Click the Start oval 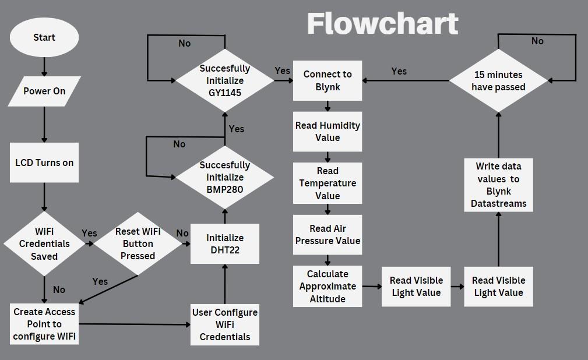pyautogui.click(x=44, y=37)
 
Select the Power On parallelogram pyautogui.click(x=44, y=91)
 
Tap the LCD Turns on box pyautogui.click(x=44, y=163)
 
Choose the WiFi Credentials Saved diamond pyautogui.click(x=44, y=243)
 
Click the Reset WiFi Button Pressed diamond pyautogui.click(x=138, y=243)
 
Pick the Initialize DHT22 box pyautogui.click(x=225, y=244)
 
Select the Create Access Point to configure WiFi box pyautogui.click(x=44, y=324)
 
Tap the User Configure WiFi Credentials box pyautogui.click(x=225, y=324)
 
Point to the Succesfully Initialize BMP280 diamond pyautogui.click(x=225, y=177)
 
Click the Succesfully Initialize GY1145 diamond pyautogui.click(x=225, y=80)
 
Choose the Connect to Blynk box pyautogui.click(x=328, y=80)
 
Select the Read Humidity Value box pyautogui.click(x=328, y=132)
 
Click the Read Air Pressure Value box pyautogui.click(x=328, y=234)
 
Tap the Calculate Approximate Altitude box pyautogui.click(x=328, y=286)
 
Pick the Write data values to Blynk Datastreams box pyautogui.click(x=498, y=185)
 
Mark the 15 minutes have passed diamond pyautogui.click(x=498, y=80)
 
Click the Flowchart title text pyautogui.click(x=382, y=24)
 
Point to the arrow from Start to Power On pyautogui.click(x=44, y=68)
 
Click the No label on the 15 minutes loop pyautogui.click(x=537, y=41)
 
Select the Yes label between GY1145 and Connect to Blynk pyautogui.click(x=282, y=70)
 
